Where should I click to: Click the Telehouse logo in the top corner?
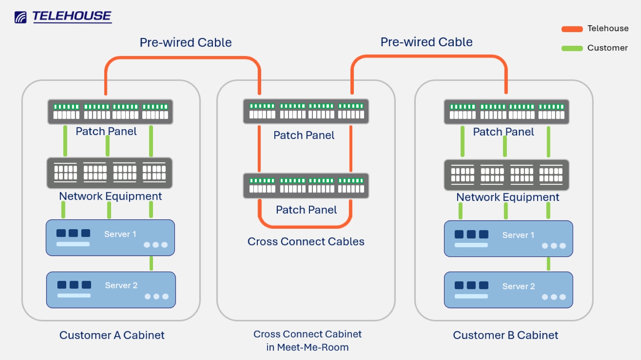click(63, 17)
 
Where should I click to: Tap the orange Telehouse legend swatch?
click(572, 29)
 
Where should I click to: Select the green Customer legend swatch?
click(572, 48)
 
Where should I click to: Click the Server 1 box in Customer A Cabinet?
click(110, 238)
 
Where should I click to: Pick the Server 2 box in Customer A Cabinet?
click(111, 289)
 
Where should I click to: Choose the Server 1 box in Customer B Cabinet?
click(508, 239)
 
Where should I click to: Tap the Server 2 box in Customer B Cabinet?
click(508, 289)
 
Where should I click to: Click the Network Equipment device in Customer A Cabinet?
click(109, 173)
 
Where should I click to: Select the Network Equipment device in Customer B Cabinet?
click(506, 174)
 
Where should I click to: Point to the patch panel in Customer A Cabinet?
click(110, 112)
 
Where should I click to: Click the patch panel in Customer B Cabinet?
click(506, 112)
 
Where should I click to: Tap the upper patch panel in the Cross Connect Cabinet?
click(306, 111)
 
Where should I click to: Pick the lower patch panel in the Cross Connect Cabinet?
click(306, 186)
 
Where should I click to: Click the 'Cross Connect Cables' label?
click(306, 242)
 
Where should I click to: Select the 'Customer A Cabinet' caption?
click(112, 335)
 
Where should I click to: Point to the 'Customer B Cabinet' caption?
click(506, 335)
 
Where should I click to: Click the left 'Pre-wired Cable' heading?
click(185, 42)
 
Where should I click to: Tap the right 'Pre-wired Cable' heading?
click(426, 42)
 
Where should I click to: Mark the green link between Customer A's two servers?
click(151, 263)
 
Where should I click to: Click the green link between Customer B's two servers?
click(548, 264)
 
